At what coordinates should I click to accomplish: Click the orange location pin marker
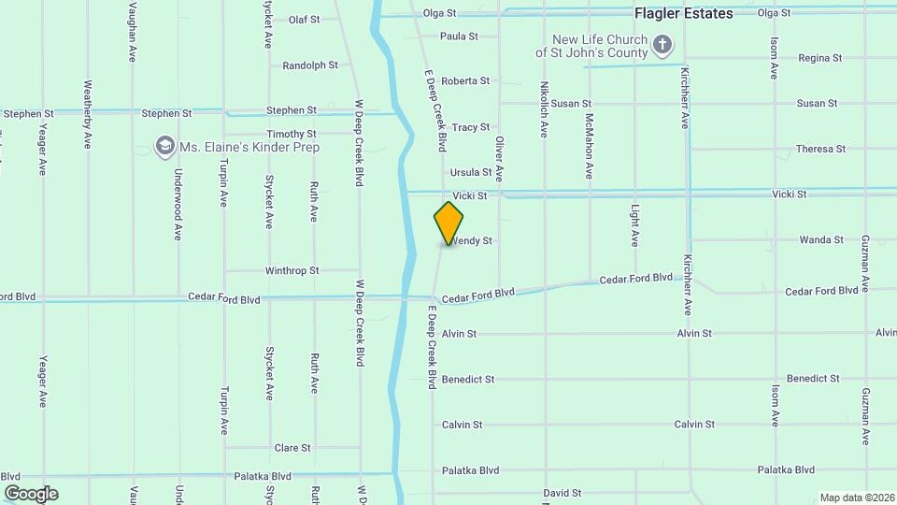(448, 223)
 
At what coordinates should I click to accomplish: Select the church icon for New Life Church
(662, 44)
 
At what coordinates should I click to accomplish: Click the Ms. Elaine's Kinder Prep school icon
(165, 146)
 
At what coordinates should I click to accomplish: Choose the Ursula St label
(470, 172)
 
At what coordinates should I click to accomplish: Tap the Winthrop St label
(292, 270)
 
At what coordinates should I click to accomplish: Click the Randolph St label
(310, 65)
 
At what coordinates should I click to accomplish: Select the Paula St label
(459, 36)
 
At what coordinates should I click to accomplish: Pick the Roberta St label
(465, 81)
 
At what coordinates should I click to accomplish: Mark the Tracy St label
(471, 127)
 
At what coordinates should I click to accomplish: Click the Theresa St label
(820, 149)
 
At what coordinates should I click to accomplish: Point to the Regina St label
(820, 58)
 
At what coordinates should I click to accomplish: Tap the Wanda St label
(821, 240)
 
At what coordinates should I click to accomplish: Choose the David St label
(562, 493)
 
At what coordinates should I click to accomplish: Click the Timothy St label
(292, 134)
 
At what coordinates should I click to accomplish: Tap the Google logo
(31, 493)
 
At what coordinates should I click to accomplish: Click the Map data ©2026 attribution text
(856, 498)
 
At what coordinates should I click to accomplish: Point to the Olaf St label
(305, 19)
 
